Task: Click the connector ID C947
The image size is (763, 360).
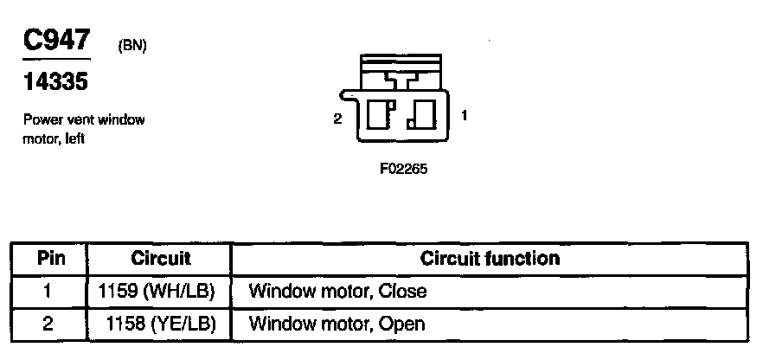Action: (x=57, y=41)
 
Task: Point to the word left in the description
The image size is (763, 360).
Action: (x=74, y=138)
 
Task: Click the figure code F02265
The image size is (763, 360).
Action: (x=403, y=169)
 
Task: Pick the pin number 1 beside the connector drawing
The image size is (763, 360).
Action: (x=465, y=114)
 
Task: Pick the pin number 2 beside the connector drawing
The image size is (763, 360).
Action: (x=337, y=119)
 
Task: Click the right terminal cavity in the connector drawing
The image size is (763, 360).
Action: (x=424, y=115)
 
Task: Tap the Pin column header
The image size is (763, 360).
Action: (x=48, y=259)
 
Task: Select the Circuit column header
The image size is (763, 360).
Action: (x=160, y=259)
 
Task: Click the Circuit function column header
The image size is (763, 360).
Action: (x=490, y=259)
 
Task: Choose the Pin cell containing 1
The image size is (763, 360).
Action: (x=48, y=291)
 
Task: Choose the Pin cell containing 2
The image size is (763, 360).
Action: (x=48, y=324)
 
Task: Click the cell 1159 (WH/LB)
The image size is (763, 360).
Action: (x=160, y=291)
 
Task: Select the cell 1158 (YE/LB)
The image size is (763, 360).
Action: (x=160, y=324)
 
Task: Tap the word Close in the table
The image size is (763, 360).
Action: (x=405, y=291)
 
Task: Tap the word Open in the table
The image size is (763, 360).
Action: (x=405, y=324)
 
